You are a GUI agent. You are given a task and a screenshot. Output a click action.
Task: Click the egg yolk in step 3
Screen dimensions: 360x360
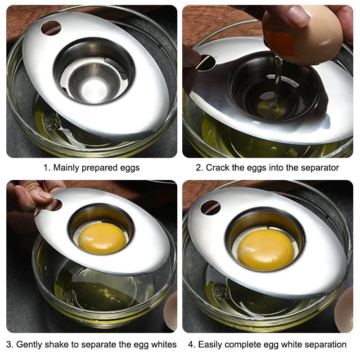(x=102, y=238)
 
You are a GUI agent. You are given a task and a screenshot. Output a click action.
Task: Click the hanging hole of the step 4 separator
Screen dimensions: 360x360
(x=210, y=207)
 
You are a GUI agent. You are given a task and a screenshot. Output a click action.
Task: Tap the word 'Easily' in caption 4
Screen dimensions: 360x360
(x=211, y=345)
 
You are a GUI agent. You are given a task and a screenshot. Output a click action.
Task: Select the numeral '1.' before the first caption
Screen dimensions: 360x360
(x=47, y=168)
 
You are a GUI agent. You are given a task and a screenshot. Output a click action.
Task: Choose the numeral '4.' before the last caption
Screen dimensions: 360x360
(x=192, y=345)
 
